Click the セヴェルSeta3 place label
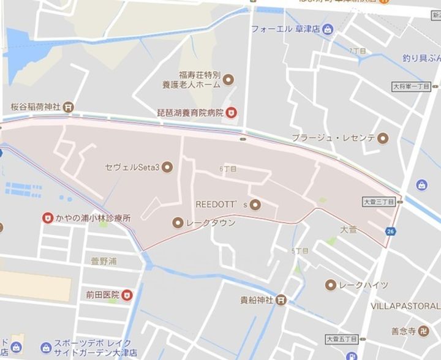tap(132, 167)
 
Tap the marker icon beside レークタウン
tap(178, 222)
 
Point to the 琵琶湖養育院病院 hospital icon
tap(232, 112)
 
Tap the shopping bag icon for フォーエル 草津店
tap(328, 29)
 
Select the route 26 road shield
tap(390, 231)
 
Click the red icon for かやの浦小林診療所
tap(47, 217)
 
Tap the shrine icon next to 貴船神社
tap(281, 300)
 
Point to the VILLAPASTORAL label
tap(405, 305)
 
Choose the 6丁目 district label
tap(227, 168)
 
